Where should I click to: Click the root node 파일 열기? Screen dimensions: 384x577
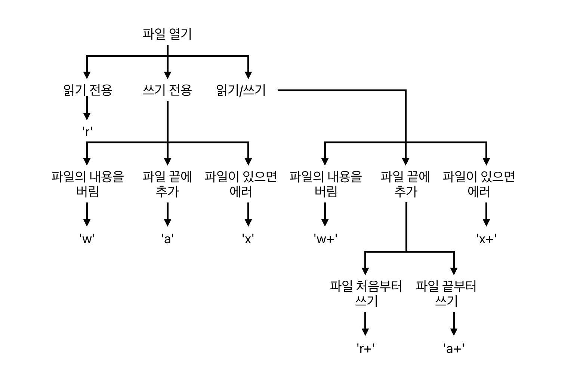pyautogui.click(x=167, y=34)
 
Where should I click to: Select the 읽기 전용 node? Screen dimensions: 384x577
pyautogui.click(x=87, y=90)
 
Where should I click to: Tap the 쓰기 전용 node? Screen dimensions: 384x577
pyautogui.click(x=167, y=90)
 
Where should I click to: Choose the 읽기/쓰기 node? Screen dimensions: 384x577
pyautogui.click(x=241, y=90)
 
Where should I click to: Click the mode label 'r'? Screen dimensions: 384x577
pyautogui.click(x=87, y=131)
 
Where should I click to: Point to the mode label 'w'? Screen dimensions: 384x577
pyautogui.click(x=87, y=238)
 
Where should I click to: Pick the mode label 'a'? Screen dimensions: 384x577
pyautogui.click(x=167, y=238)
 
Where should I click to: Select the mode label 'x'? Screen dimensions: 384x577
pyautogui.click(x=248, y=238)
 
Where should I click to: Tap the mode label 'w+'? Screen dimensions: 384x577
pyautogui.click(x=325, y=238)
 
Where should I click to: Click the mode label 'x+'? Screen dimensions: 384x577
pyautogui.click(x=486, y=238)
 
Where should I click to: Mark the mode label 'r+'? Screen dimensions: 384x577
pyautogui.click(x=365, y=348)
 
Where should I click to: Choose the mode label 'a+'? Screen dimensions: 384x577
pyautogui.click(x=454, y=348)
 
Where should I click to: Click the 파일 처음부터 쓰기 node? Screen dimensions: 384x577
pyautogui.click(x=366, y=294)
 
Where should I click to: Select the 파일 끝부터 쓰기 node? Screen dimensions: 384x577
pyautogui.click(x=446, y=294)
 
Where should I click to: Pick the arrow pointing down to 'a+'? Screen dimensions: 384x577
pyautogui.click(x=454, y=324)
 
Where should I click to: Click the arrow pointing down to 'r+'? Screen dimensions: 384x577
pyautogui.click(x=365, y=324)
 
